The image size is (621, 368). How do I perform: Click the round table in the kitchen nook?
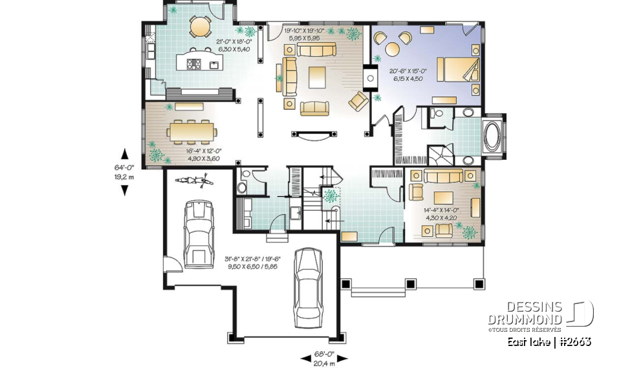(201, 27)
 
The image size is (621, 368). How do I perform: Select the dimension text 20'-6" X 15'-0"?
(408, 74)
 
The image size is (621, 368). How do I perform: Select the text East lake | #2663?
(549, 341)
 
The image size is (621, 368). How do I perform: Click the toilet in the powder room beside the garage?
(243, 188)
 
